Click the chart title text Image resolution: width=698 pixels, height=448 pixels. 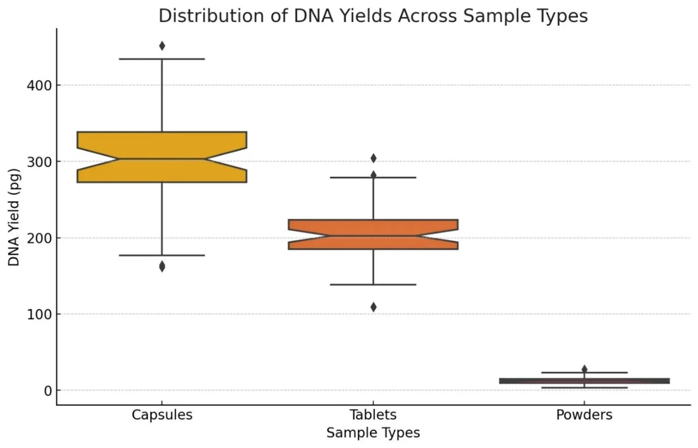[373, 16]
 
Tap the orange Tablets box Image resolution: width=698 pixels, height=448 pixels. [373, 234]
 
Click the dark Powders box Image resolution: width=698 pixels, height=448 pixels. [584, 381]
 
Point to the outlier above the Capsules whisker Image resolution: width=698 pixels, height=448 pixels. [162, 46]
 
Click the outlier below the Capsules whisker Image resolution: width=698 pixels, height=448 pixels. [162, 267]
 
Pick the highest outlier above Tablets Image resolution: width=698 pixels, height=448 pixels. [373, 158]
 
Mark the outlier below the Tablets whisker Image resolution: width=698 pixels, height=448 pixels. [373, 307]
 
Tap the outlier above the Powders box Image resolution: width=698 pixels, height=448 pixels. [584, 369]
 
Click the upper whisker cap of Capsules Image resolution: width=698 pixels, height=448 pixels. [162, 59]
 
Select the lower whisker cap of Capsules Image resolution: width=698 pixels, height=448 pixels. [162, 255]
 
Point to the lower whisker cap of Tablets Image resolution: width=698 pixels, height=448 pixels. [373, 285]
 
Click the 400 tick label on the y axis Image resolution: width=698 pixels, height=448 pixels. [39, 86]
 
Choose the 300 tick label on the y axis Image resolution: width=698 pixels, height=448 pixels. [39, 162]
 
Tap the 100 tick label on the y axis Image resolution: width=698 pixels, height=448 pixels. [39, 315]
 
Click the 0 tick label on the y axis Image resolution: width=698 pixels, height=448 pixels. [48, 391]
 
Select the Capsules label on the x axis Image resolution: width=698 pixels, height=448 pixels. [162, 415]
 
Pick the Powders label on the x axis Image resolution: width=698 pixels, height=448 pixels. [584, 415]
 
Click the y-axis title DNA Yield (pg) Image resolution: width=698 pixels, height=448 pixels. [14, 217]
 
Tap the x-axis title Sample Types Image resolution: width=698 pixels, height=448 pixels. [373, 433]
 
